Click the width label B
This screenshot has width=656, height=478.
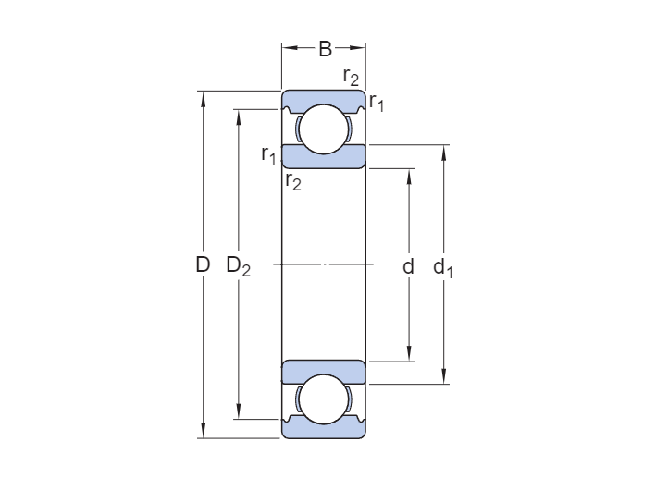click(325, 49)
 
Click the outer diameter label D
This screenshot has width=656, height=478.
click(203, 264)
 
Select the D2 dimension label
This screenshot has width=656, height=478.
click(239, 266)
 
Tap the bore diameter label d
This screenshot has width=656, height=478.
click(408, 266)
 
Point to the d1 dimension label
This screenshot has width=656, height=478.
click(442, 267)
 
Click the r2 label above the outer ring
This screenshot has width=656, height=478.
click(351, 77)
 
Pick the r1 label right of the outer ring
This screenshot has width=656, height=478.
click(377, 102)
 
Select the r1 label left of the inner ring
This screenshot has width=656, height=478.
click(268, 154)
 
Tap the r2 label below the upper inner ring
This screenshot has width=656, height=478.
click(293, 181)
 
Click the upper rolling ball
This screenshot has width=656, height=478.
click(324, 129)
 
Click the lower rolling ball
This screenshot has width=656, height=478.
click(324, 399)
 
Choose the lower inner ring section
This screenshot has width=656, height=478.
click(324, 372)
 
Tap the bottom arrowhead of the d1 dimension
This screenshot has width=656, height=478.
click(444, 376)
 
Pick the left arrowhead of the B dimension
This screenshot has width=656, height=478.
click(290, 48)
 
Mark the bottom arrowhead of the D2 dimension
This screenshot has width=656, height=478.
click(239, 411)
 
